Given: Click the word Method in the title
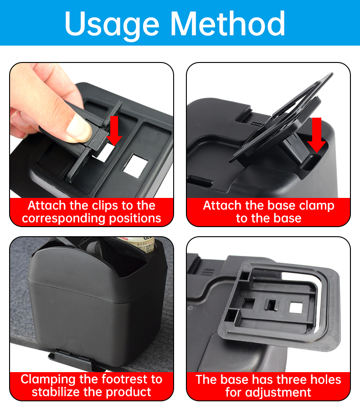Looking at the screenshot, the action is tap(228, 23).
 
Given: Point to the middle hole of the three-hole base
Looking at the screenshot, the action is tap(272, 305).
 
